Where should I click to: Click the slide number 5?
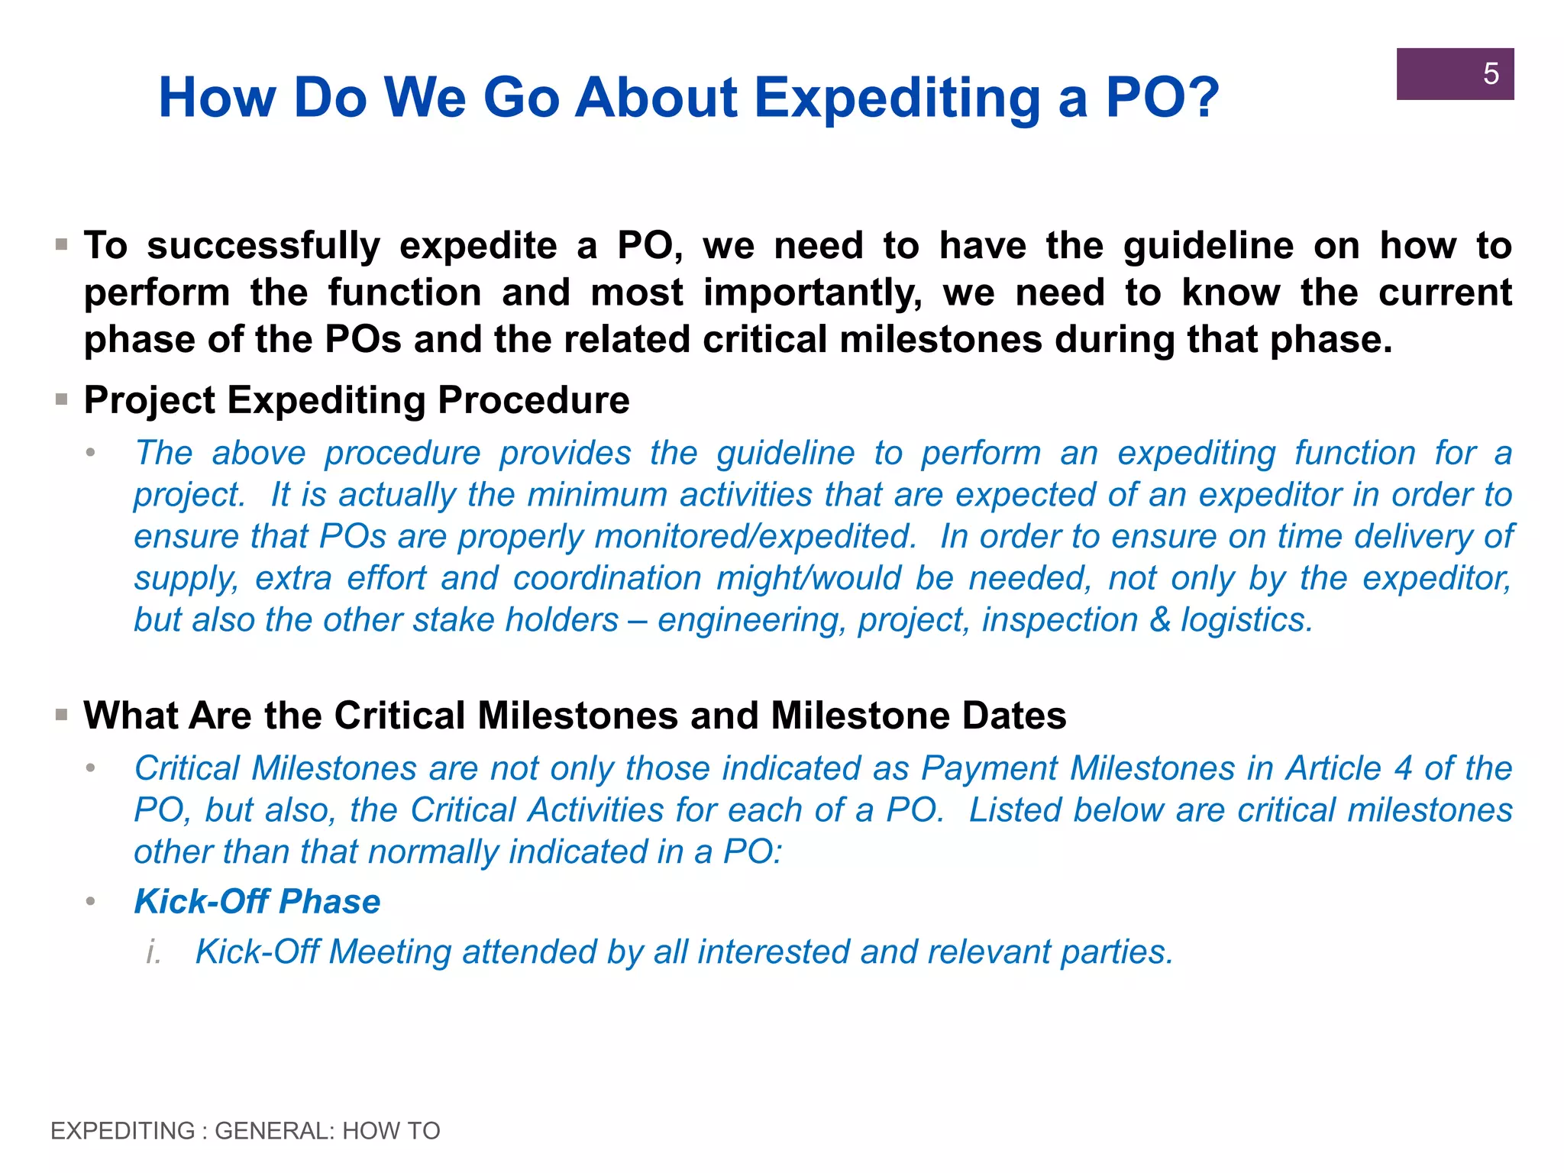[1490, 74]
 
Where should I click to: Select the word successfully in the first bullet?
[263, 247]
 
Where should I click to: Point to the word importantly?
[813, 294]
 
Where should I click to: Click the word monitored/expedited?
[755, 537]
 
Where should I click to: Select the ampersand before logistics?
[1159, 620]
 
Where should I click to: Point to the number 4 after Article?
[1402, 768]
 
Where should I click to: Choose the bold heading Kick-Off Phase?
[257, 902]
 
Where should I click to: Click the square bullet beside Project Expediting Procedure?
[62, 399]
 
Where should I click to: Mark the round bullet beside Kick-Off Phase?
[91, 902]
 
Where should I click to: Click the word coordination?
[607, 579]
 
